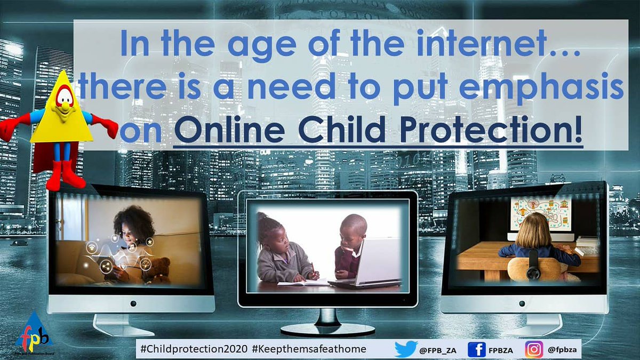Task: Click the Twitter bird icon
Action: [405, 349]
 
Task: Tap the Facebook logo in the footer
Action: [476, 349]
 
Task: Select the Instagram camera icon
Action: [534, 349]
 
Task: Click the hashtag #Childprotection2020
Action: [193, 349]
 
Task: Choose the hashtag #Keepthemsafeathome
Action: [310, 349]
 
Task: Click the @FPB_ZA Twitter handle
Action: [437, 349]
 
